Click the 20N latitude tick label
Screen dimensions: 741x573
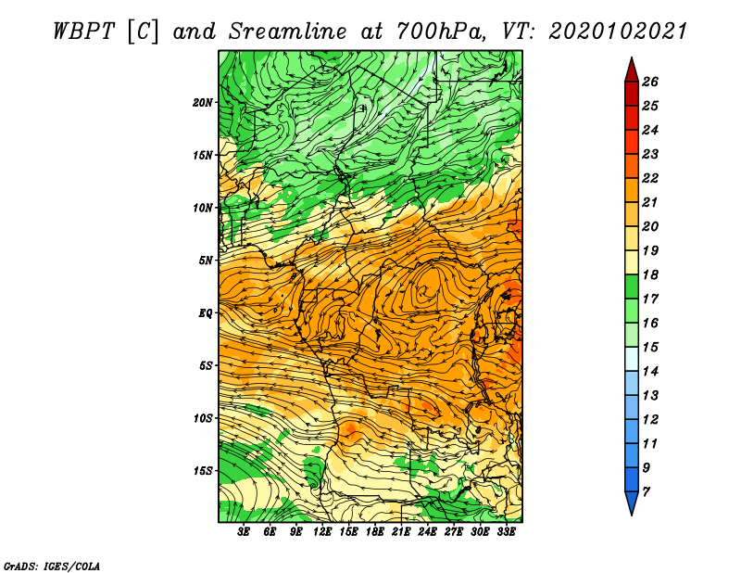pyautogui.click(x=202, y=103)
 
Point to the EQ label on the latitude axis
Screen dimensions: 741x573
pyautogui.click(x=205, y=313)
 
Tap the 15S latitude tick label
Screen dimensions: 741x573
pyautogui.click(x=202, y=471)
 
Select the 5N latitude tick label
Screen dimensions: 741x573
pyautogui.click(x=206, y=261)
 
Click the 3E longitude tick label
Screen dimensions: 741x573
pyautogui.click(x=244, y=532)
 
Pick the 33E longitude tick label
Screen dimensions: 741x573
pyautogui.click(x=506, y=532)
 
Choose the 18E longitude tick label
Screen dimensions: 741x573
pyautogui.click(x=375, y=532)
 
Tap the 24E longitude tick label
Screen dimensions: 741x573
pyautogui.click(x=427, y=532)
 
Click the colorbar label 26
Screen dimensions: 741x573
pyautogui.click(x=650, y=82)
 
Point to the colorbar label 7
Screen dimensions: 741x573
pyautogui.click(x=646, y=492)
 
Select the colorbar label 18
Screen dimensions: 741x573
pyautogui.click(x=650, y=274)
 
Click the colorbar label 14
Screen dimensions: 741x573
pyautogui.click(x=650, y=372)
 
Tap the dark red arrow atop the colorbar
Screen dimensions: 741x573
pyautogui.click(x=632, y=70)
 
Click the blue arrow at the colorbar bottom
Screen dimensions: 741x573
pyautogui.click(x=632, y=503)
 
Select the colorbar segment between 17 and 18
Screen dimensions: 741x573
pyautogui.click(x=632, y=286)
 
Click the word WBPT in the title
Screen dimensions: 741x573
pyautogui.click(x=84, y=32)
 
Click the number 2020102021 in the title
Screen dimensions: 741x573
pyautogui.click(x=618, y=32)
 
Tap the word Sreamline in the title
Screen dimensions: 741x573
pyautogui.click(x=288, y=32)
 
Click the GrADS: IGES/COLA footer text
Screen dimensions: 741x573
pyautogui.click(x=52, y=567)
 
